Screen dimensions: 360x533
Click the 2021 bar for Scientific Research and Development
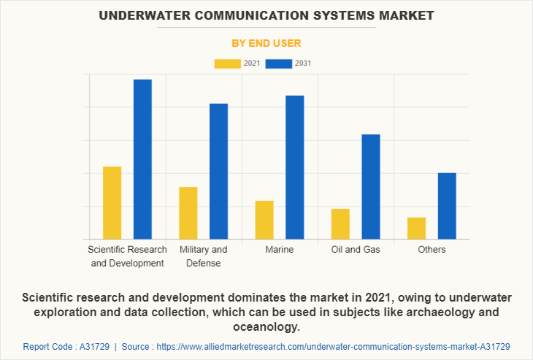tap(112, 203)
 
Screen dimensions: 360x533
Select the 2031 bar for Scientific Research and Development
tap(142, 159)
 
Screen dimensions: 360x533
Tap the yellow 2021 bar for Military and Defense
tap(188, 213)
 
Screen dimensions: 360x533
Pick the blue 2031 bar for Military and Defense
tap(218, 172)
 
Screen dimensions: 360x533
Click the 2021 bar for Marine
tap(264, 220)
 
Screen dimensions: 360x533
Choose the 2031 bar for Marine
tap(294, 167)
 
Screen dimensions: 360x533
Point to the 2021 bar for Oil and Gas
tap(340, 224)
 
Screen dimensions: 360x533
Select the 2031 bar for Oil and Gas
tap(371, 187)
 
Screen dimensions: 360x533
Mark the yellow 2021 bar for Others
tap(416, 229)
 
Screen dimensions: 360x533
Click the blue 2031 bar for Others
tap(447, 206)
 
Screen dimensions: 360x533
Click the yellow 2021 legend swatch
tap(227, 64)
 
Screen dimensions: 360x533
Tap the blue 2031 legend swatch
tap(279, 64)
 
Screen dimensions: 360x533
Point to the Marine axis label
tap(280, 250)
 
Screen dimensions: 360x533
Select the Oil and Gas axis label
tap(356, 250)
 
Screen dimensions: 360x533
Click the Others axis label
tap(432, 250)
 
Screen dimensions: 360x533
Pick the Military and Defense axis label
tap(203, 256)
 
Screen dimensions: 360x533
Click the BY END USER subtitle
tap(266, 43)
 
